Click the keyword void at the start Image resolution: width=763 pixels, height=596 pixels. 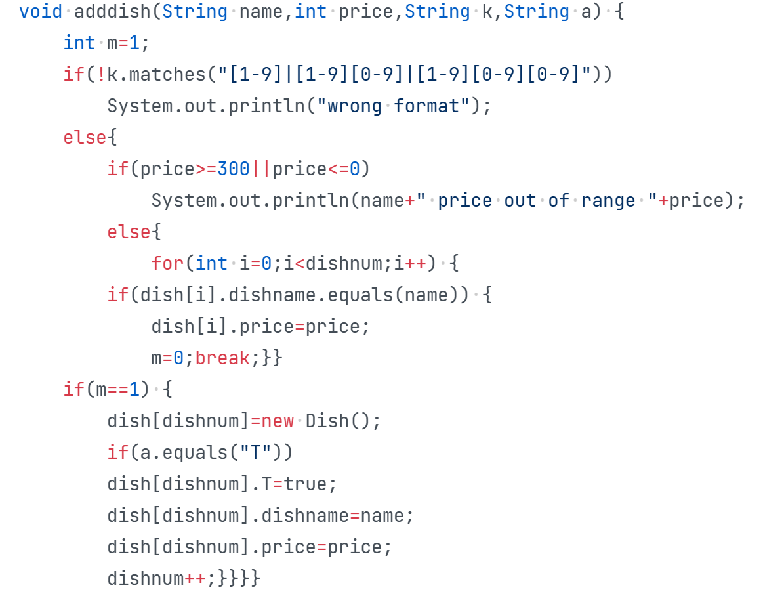(x=41, y=12)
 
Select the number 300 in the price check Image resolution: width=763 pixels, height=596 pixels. (x=234, y=169)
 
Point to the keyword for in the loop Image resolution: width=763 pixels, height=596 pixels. (x=167, y=264)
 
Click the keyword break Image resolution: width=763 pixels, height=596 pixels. (x=222, y=358)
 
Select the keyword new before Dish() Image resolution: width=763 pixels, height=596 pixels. (x=278, y=421)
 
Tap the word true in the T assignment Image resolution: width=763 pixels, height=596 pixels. (x=305, y=484)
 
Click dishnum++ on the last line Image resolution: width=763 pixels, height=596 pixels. (x=157, y=579)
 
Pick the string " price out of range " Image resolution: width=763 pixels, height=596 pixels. (x=537, y=201)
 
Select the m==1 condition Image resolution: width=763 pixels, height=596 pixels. (x=118, y=390)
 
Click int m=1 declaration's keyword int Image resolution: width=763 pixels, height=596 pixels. (x=79, y=43)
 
